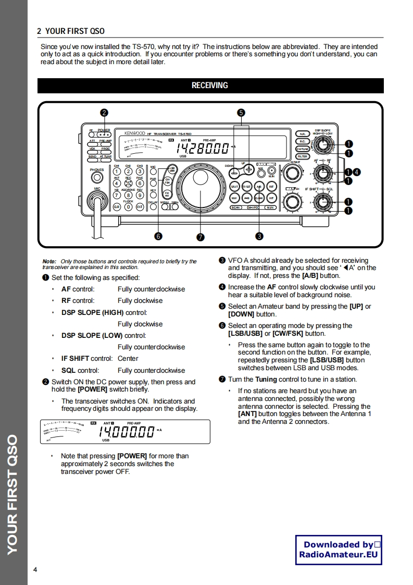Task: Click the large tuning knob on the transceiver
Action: pyautogui.click(x=200, y=189)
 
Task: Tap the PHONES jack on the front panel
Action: pyautogui.click(x=96, y=177)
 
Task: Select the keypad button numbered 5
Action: pyautogui.click(x=128, y=183)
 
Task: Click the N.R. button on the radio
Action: pyautogui.click(x=302, y=134)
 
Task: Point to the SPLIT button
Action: pyautogui.click(x=235, y=187)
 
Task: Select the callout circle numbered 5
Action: pyautogui.click(x=241, y=113)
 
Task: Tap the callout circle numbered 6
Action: pyautogui.click(x=158, y=236)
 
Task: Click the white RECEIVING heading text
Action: pyautogui.click(x=210, y=86)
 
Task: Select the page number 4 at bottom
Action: pyautogui.click(x=35, y=569)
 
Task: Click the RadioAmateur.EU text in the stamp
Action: pyautogui.click(x=338, y=555)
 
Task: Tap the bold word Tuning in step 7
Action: pyautogui.click(x=266, y=380)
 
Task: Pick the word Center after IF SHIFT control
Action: pyautogui.click(x=128, y=359)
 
